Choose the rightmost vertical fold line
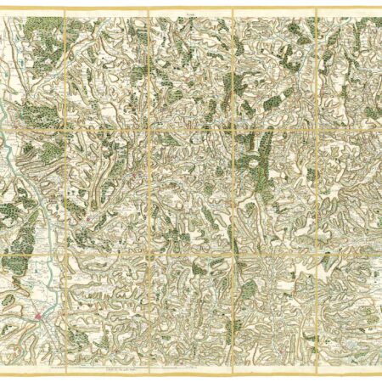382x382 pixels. point(316,187)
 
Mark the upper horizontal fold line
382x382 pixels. point(191,129)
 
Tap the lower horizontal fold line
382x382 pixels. point(191,252)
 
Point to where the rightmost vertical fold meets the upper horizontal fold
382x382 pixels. point(316,129)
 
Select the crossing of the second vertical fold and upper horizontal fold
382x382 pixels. point(149,129)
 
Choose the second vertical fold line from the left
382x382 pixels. point(149,187)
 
